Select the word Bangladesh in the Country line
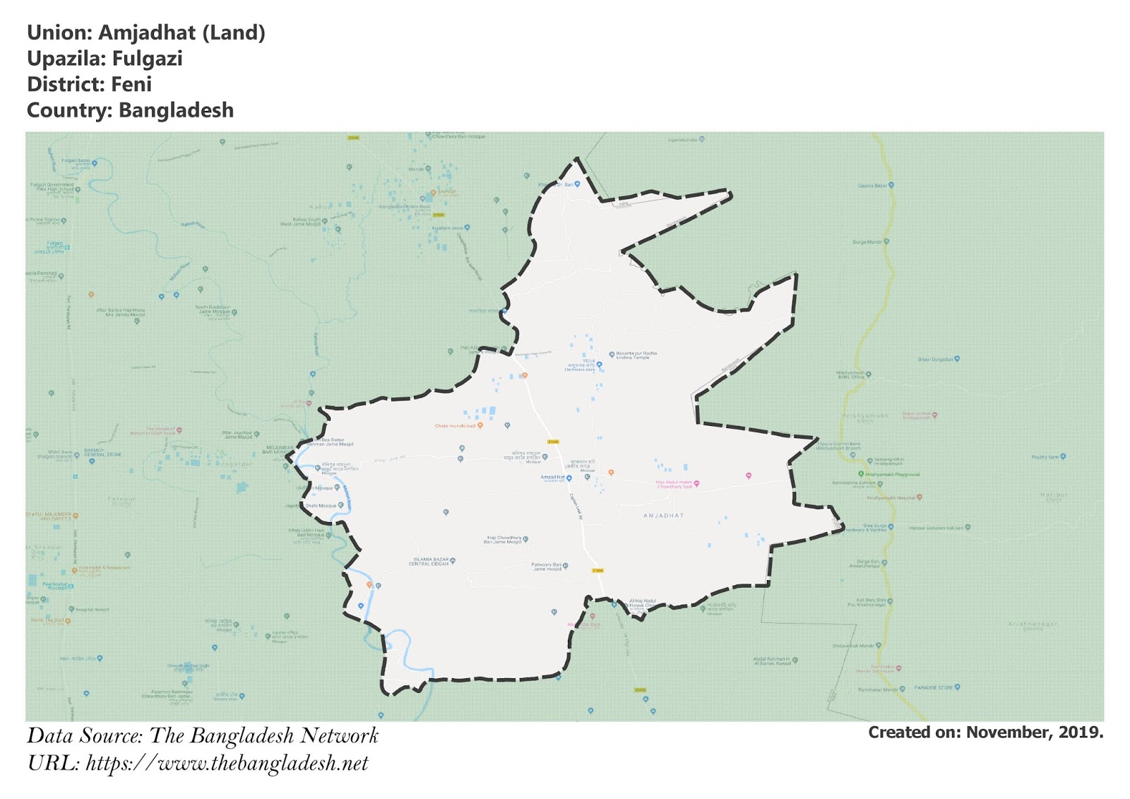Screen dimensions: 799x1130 tap(176, 111)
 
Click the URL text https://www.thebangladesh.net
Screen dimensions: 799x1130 tap(227, 764)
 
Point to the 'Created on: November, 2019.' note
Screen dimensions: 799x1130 tap(985, 733)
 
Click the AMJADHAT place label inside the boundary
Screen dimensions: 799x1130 tap(664, 516)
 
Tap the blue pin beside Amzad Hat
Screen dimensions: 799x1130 tap(569, 478)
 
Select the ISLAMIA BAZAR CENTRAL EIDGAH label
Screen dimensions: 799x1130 tap(429, 562)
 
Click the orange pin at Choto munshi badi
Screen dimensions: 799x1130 tap(480, 425)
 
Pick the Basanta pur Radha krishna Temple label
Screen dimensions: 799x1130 tap(636, 355)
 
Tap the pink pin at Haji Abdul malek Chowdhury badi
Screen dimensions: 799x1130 tap(697, 484)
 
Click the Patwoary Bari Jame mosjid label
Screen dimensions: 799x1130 tap(547, 567)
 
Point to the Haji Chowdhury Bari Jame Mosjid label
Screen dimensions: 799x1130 tap(503, 540)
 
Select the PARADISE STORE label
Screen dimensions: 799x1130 tap(934, 687)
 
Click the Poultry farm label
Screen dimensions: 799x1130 tap(1045, 457)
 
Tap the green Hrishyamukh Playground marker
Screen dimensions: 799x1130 tap(861, 474)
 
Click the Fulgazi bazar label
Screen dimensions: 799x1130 tap(76, 161)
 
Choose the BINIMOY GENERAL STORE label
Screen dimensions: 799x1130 tap(103, 452)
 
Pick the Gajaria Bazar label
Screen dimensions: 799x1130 tap(872, 186)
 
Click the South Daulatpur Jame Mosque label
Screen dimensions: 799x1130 tap(213, 309)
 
